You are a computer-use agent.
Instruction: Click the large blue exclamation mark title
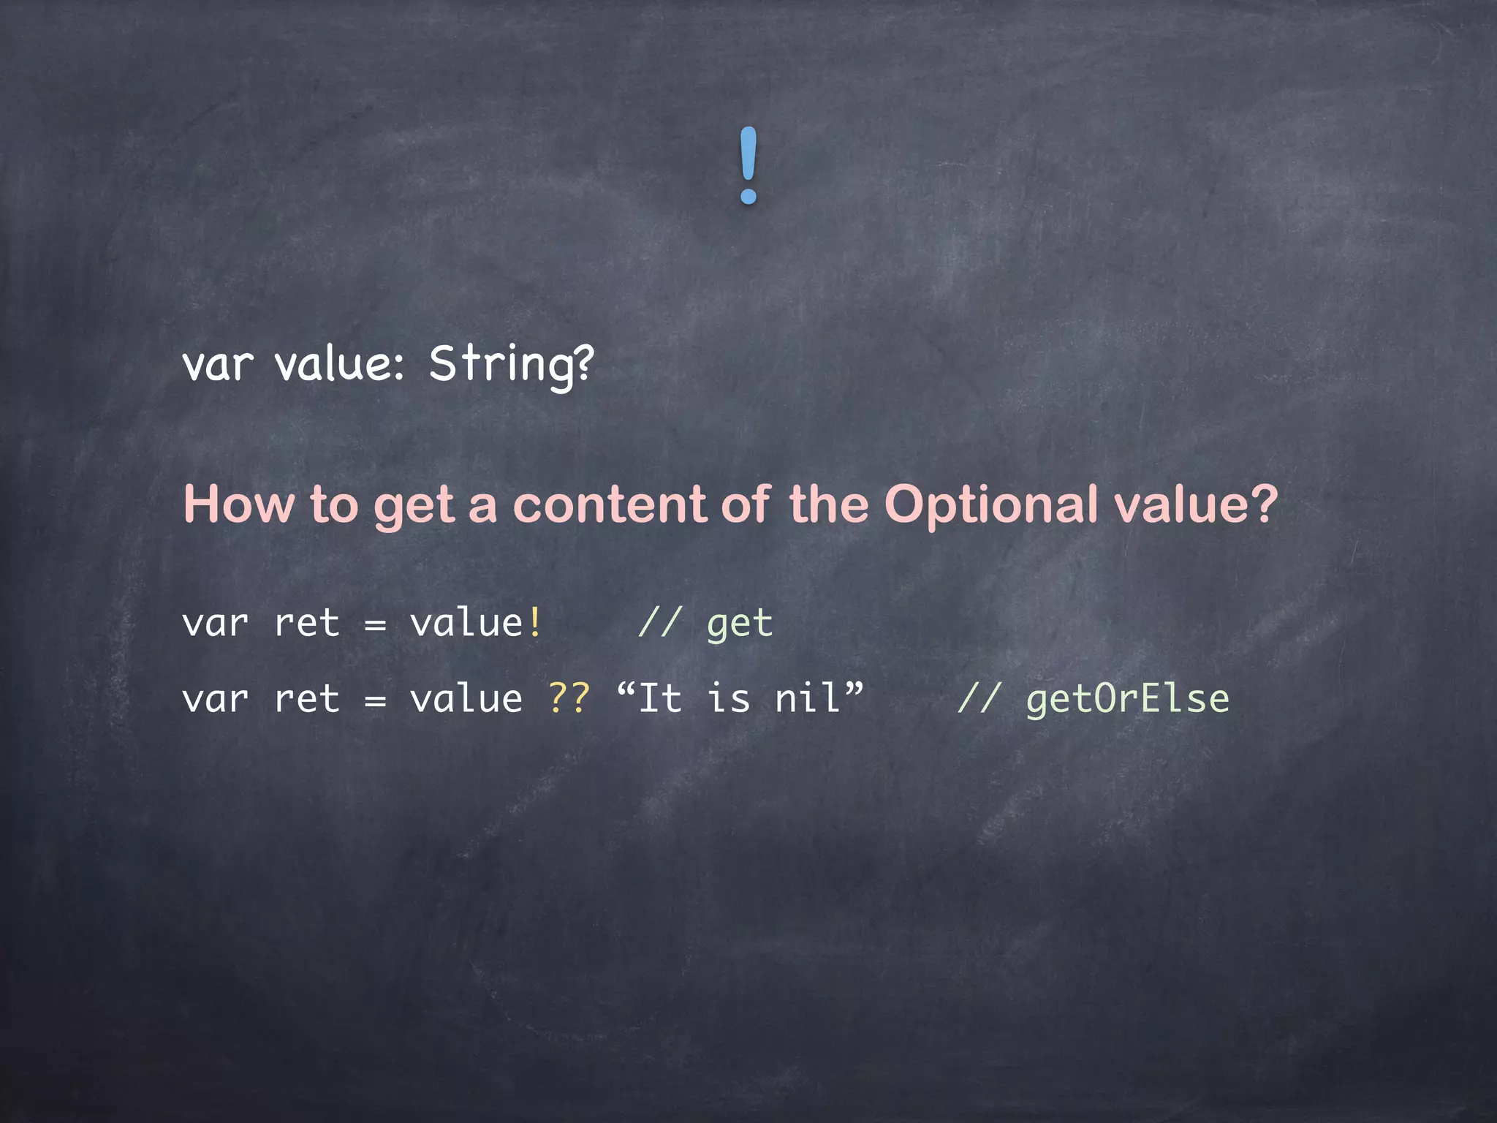coord(748,165)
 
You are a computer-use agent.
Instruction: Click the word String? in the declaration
coord(511,364)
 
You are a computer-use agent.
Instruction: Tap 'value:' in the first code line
coord(339,364)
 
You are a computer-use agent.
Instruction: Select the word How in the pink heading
coord(239,504)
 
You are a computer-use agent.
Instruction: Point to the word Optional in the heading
coord(990,506)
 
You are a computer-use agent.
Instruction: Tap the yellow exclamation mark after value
coord(536,624)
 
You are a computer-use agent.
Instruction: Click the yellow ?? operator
coord(569,699)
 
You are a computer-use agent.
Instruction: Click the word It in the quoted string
coord(660,699)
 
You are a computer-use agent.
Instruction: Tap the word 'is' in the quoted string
coord(728,699)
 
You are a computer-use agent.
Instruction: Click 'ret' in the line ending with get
coord(307,624)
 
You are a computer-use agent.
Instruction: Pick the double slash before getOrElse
coord(978,699)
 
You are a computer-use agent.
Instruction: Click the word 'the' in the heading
coord(829,504)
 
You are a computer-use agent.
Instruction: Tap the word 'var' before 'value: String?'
coord(217,364)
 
